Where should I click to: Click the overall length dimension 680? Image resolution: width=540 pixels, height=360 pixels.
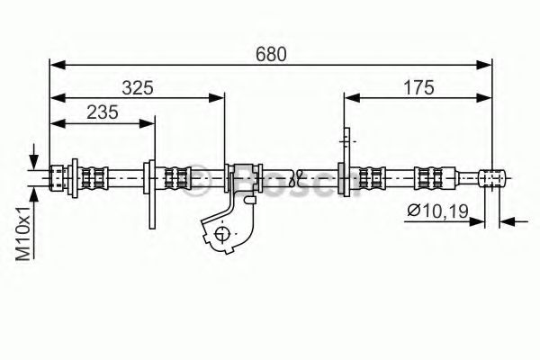coord(271,53)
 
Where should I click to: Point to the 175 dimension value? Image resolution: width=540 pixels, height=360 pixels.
coord(418,87)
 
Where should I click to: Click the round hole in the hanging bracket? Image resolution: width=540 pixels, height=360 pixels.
coord(221,235)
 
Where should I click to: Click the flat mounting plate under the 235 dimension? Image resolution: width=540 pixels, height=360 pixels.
coord(152,193)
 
